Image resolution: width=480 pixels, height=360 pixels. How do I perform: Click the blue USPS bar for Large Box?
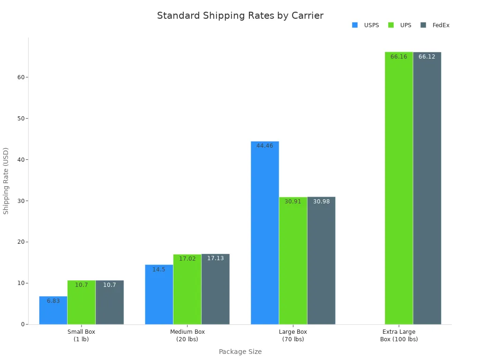click(265, 234)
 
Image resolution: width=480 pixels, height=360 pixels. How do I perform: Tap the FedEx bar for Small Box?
click(110, 305)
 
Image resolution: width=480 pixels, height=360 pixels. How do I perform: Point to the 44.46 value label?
click(265, 146)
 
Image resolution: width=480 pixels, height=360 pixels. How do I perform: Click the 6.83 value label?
click(53, 301)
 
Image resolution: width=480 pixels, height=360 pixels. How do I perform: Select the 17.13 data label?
click(216, 258)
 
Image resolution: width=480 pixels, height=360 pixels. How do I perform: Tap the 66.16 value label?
click(399, 57)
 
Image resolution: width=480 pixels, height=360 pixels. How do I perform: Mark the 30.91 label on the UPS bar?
click(293, 202)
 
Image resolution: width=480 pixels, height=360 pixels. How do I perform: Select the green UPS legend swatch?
click(391, 25)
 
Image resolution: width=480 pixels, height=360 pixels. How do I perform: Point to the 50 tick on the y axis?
click(21, 118)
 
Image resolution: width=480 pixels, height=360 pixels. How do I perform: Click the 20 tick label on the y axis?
click(21, 242)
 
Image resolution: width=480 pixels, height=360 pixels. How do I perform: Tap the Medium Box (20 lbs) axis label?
click(187, 335)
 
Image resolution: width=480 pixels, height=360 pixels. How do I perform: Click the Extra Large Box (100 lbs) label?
click(399, 335)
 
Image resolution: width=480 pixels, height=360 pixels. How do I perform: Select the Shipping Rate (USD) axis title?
click(6, 181)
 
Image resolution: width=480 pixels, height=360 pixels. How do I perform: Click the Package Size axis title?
click(240, 352)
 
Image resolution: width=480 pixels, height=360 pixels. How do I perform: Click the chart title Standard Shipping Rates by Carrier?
click(240, 15)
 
